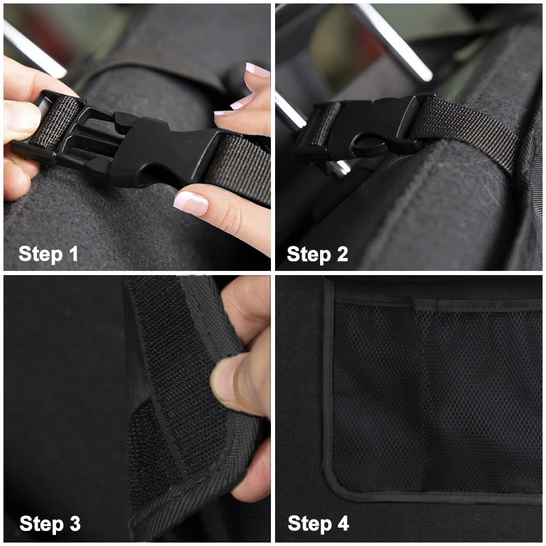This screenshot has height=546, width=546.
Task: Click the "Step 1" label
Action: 48,255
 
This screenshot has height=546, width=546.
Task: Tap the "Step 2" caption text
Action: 317,255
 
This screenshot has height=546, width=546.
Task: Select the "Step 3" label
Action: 50,524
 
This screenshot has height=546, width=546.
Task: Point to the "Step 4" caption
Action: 318,524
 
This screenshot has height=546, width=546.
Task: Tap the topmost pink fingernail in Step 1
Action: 257,70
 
